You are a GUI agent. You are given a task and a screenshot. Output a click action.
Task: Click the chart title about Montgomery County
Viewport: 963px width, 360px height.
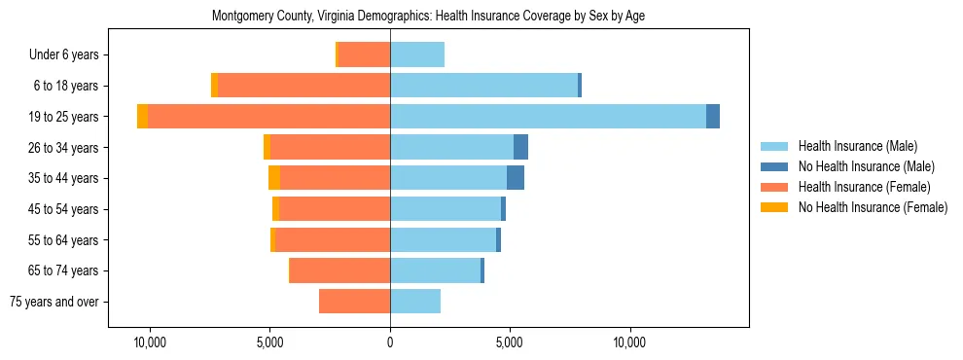pyautogui.click(x=428, y=16)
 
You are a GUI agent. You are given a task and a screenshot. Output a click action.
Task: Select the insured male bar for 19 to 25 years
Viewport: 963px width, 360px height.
pyautogui.click(x=548, y=117)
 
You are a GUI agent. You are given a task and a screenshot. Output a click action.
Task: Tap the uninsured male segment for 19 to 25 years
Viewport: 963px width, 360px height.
pyautogui.click(x=713, y=117)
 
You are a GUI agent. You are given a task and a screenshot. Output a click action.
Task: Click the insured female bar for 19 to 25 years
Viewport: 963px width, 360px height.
pyautogui.click(x=268, y=117)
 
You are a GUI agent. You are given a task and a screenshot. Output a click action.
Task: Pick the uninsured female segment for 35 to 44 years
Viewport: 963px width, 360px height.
pyautogui.click(x=274, y=178)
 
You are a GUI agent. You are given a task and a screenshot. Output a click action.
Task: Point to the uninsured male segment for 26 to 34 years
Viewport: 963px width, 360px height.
pyautogui.click(x=520, y=147)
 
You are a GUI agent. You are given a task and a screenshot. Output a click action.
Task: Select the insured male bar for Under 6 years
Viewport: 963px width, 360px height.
pyautogui.click(x=417, y=54)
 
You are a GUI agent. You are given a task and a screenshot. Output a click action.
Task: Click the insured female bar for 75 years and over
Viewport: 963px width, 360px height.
pyautogui.click(x=354, y=302)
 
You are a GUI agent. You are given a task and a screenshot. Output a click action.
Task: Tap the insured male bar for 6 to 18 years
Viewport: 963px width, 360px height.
pyautogui.click(x=483, y=86)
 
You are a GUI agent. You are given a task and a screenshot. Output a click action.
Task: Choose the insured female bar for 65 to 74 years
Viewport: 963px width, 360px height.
pyautogui.click(x=339, y=270)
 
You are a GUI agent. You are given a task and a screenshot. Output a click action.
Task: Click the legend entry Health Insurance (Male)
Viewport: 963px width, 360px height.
pyautogui.click(x=857, y=146)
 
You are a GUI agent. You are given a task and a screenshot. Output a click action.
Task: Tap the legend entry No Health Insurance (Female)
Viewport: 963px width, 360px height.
pyautogui.click(x=873, y=207)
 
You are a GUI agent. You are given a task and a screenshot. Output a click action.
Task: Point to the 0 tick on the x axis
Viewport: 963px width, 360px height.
pyautogui.click(x=390, y=342)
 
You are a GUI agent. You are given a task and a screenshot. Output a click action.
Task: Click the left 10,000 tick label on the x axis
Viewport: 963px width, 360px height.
pyautogui.click(x=150, y=342)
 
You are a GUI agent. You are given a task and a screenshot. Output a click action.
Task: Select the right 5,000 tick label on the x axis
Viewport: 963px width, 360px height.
pyautogui.click(x=510, y=342)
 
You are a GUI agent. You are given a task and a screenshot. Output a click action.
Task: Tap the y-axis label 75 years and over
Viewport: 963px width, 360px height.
pyautogui.click(x=54, y=302)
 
